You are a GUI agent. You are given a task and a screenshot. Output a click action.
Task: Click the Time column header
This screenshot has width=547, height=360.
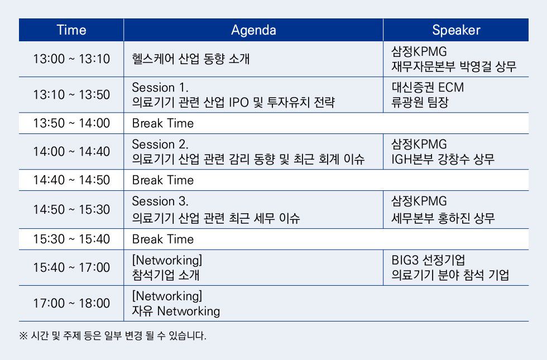[x=71, y=30]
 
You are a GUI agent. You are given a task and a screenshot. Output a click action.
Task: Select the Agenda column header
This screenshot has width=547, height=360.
[x=253, y=30]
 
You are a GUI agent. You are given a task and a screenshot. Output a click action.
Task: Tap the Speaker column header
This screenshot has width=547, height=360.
[x=456, y=30]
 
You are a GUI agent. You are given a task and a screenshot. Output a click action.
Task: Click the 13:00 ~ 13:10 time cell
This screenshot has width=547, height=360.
[x=71, y=59]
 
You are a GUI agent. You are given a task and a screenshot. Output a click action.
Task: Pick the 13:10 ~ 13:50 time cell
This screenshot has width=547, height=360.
[x=71, y=94]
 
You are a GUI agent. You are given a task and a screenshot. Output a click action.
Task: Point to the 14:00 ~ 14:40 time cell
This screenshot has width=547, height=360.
[x=71, y=151]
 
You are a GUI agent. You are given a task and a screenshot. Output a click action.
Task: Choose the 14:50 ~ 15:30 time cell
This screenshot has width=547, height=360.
[x=71, y=209]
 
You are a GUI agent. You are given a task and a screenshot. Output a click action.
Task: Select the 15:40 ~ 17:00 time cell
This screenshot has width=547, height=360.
[x=71, y=267]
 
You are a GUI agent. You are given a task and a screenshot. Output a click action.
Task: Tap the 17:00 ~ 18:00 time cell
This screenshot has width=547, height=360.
[x=71, y=303]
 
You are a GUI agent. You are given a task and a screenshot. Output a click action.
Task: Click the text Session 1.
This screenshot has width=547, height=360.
[x=160, y=87]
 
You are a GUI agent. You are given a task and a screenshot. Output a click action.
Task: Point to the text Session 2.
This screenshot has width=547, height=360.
[x=160, y=144]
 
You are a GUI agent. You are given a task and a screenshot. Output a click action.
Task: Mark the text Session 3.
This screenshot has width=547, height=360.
[x=160, y=201]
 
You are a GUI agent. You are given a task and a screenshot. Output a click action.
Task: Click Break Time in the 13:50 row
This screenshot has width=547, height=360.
[x=163, y=123]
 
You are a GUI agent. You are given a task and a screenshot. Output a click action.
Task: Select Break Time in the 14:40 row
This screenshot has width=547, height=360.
[x=163, y=180]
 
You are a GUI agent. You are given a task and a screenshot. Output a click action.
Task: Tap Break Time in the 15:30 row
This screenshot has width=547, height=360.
[x=163, y=239]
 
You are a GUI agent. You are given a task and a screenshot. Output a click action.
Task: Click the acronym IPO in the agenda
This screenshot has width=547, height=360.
[x=239, y=102]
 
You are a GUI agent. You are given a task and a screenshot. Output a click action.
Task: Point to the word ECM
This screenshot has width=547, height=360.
[x=450, y=87]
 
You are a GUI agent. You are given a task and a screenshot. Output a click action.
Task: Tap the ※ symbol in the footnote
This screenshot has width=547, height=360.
[x=23, y=336]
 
